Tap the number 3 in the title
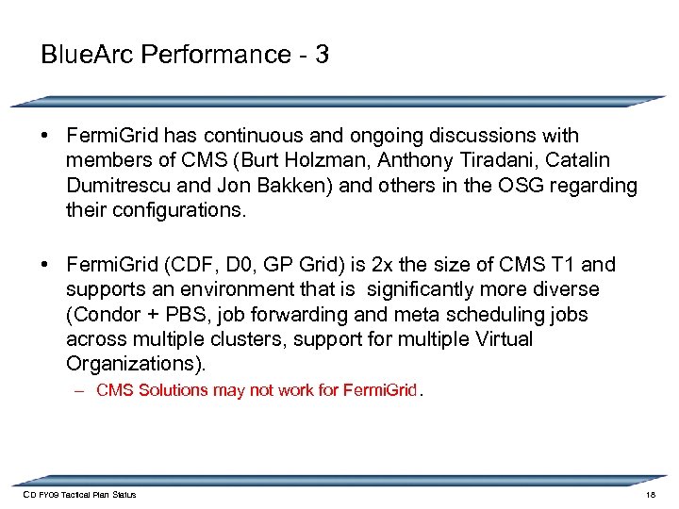coord(323,54)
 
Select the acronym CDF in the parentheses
coord(191,265)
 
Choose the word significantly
coord(431,289)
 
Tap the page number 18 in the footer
coord(651,494)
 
